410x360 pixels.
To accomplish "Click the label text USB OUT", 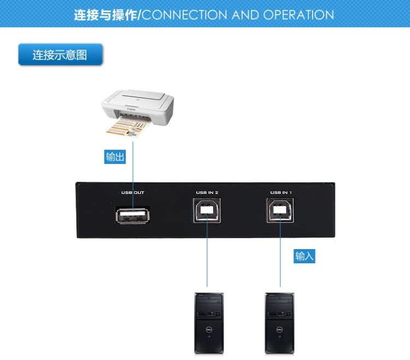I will click(x=133, y=192).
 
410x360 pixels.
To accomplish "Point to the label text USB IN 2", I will click(x=207, y=192).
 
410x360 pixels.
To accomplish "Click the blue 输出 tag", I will click(x=115, y=157).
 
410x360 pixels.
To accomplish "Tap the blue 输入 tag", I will click(x=304, y=256).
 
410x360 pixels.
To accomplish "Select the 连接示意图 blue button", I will click(x=60, y=55).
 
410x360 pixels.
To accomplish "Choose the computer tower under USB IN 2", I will click(x=209, y=323).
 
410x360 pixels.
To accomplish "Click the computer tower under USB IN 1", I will click(x=279, y=323).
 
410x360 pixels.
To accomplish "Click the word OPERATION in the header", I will click(x=298, y=15).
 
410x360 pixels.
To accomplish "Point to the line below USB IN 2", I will click(x=207, y=257).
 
